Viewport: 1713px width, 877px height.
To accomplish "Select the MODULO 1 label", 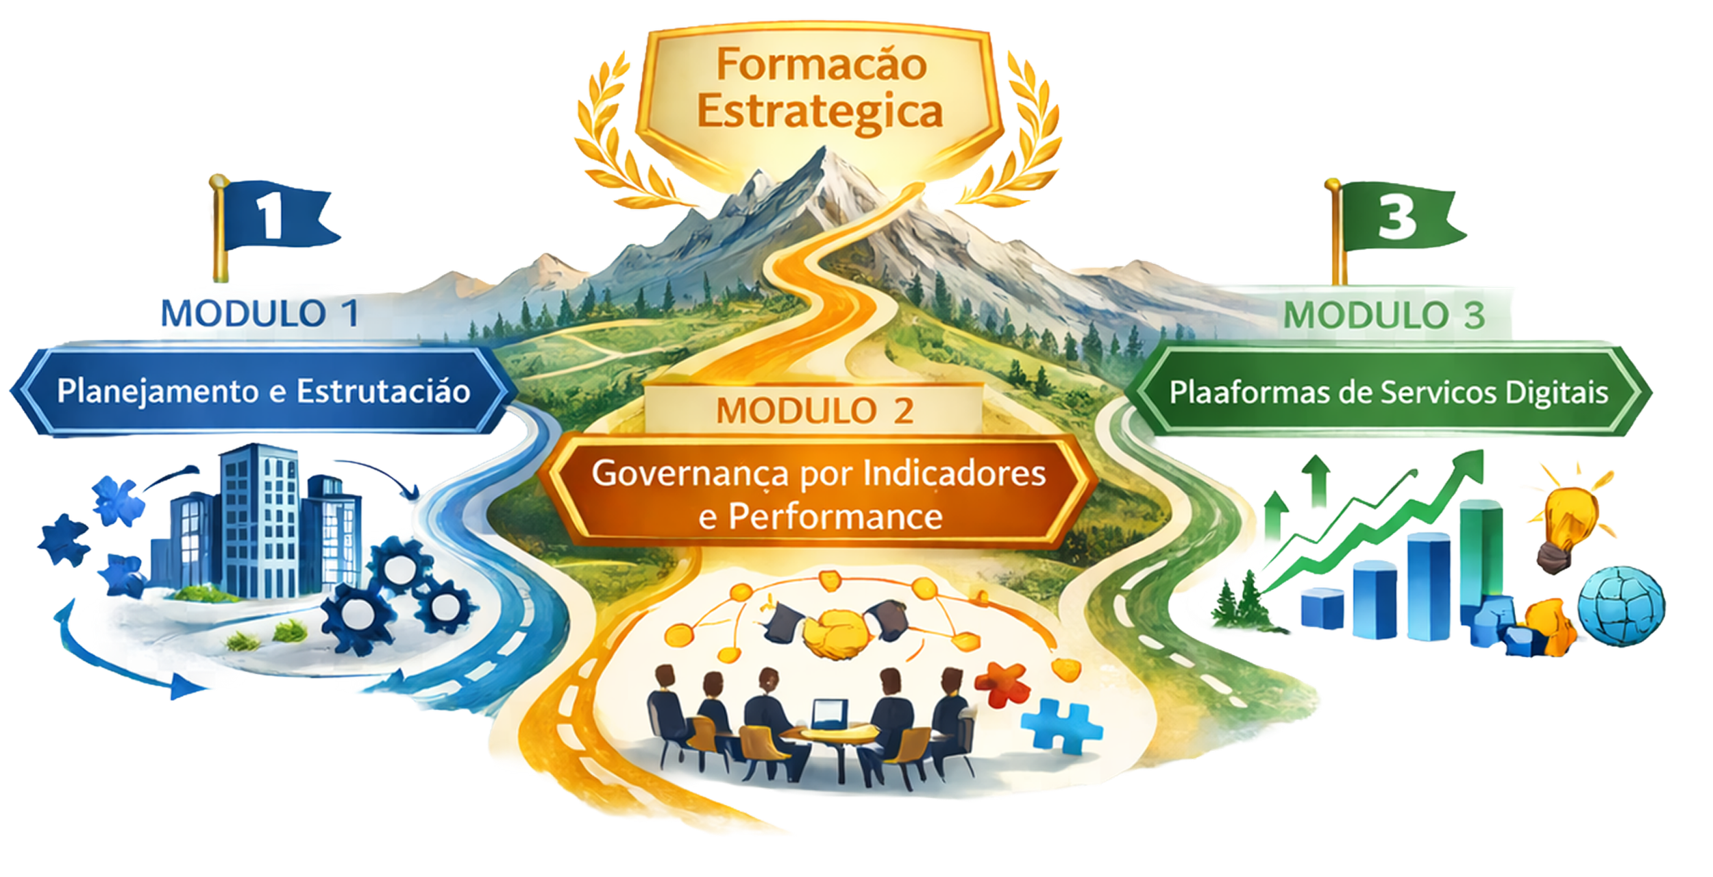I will coord(260,314).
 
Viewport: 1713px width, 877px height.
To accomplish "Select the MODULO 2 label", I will coord(815,411).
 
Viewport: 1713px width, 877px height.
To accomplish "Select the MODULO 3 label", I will coord(1384,315).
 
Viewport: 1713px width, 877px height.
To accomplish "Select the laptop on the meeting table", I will coord(829,713).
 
